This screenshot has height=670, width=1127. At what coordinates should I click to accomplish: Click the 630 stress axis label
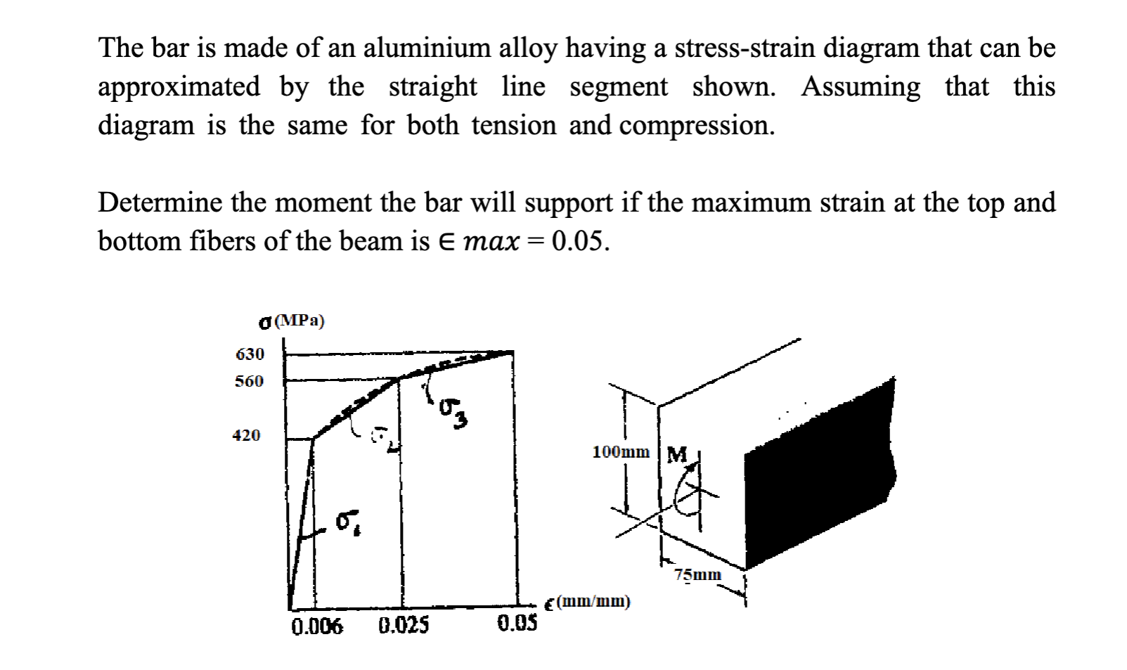tap(250, 354)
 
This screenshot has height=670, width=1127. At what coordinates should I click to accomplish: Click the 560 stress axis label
tap(249, 381)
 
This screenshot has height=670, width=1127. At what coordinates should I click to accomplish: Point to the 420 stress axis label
tap(246, 435)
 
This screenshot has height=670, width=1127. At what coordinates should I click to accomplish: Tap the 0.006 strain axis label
tap(317, 626)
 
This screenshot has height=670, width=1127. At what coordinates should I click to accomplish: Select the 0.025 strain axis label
tap(404, 625)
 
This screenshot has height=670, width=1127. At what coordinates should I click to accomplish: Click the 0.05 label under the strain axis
tap(517, 623)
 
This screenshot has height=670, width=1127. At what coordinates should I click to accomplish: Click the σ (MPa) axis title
tap(292, 321)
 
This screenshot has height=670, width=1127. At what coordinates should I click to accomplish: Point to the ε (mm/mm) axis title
tap(588, 602)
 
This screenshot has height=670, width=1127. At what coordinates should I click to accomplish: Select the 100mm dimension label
tap(621, 451)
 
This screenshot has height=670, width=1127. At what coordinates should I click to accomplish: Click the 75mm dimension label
tap(697, 574)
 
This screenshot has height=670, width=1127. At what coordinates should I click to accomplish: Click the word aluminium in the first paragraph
tap(427, 48)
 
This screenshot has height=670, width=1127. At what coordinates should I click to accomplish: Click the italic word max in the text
tap(491, 241)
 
